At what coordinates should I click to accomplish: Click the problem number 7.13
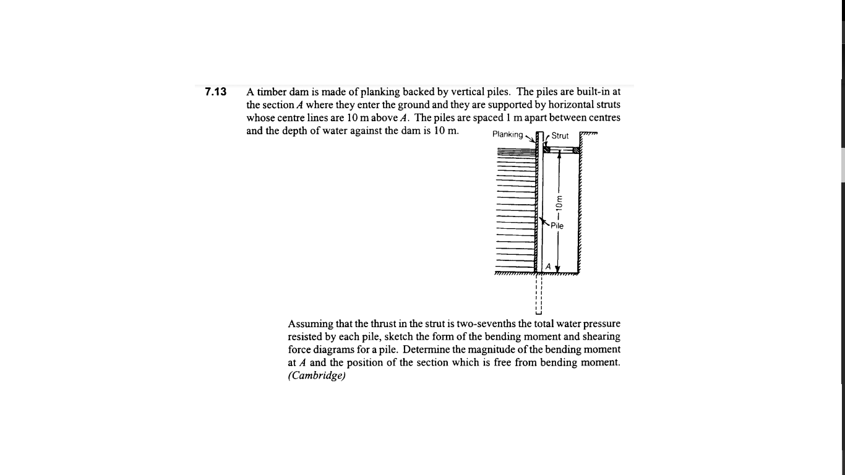tap(215, 92)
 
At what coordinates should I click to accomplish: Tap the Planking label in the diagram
tap(507, 134)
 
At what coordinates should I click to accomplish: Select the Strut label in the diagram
tap(560, 135)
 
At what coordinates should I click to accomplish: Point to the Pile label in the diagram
tap(557, 226)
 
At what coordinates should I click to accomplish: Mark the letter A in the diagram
tap(547, 266)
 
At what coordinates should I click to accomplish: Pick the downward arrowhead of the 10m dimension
tap(558, 268)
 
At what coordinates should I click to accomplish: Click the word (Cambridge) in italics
tap(316, 375)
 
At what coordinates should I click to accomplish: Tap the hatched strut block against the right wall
tap(577, 150)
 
